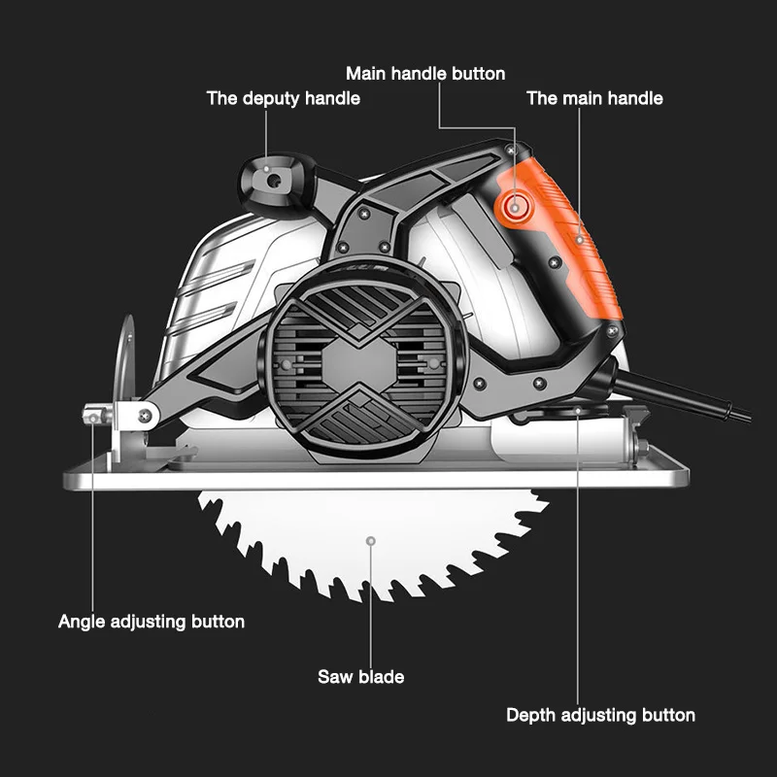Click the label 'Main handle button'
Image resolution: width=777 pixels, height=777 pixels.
(425, 74)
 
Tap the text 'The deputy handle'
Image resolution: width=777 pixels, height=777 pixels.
(284, 98)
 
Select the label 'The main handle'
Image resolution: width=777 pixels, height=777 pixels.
(594, 98)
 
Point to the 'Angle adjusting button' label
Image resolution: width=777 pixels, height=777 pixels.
(152, 622)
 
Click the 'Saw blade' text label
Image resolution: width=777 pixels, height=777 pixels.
(360, 676)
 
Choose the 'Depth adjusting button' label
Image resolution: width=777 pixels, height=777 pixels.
(600, 715)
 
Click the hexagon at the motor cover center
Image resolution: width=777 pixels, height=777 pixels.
(358, 364)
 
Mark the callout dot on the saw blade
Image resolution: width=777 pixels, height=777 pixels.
(370, 541)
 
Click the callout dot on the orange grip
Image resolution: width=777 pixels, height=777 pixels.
(580, 240)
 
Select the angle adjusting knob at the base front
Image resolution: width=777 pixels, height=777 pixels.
(97, 414)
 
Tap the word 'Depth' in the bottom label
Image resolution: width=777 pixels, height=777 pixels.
(531, 715)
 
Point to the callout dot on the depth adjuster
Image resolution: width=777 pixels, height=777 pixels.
(578, 411)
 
